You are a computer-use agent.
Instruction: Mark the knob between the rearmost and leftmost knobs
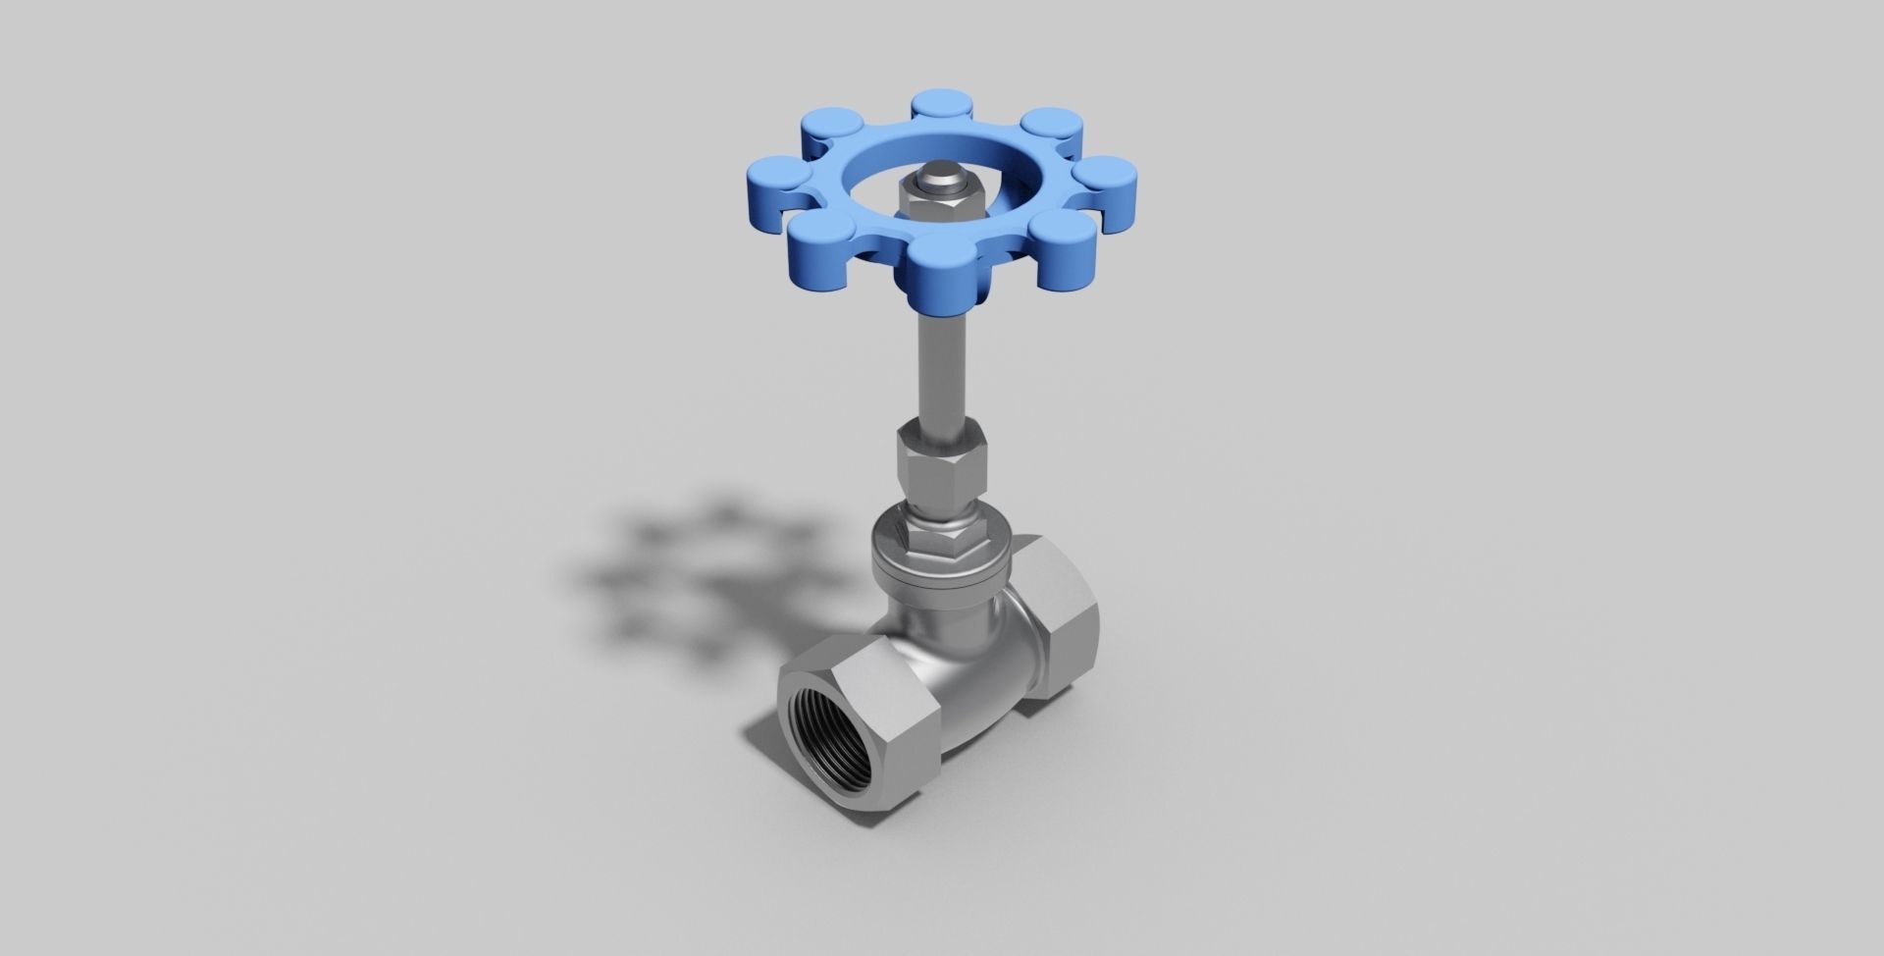[x=831, y=129]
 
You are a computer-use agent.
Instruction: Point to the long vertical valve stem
[x=941, y=363]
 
